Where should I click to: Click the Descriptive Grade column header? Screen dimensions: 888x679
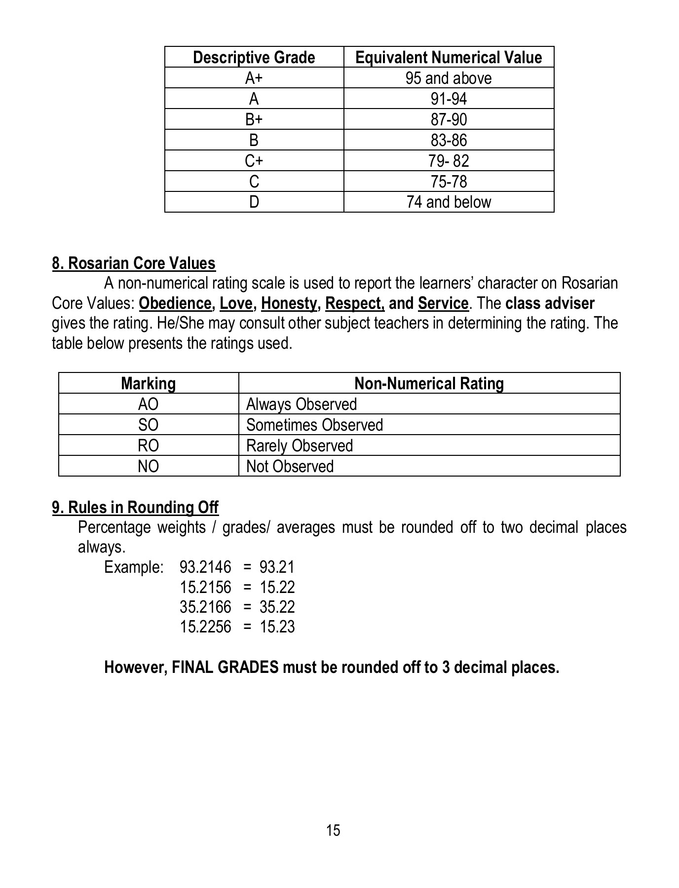254,58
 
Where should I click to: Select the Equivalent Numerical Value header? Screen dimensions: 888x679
449,58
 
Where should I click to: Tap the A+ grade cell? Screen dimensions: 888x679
254,78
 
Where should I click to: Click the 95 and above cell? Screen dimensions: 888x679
449,78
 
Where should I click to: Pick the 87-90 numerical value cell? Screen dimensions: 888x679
449,120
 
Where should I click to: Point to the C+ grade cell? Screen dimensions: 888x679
254,161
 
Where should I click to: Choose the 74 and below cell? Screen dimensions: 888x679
449,202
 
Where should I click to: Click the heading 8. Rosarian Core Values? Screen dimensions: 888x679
134,263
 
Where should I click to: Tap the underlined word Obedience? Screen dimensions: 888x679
176,303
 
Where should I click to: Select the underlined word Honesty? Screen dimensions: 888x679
289,303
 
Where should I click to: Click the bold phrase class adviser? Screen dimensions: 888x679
550,303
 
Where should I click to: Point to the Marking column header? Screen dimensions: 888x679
148,384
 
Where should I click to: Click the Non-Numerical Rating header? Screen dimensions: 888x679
429,384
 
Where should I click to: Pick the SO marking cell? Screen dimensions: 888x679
148,425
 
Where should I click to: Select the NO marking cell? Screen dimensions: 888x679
148,467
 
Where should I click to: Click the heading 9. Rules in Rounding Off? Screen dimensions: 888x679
135,508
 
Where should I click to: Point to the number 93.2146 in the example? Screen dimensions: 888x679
205,567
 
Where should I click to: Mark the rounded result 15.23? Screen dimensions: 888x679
277,627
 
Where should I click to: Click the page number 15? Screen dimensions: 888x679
333,830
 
